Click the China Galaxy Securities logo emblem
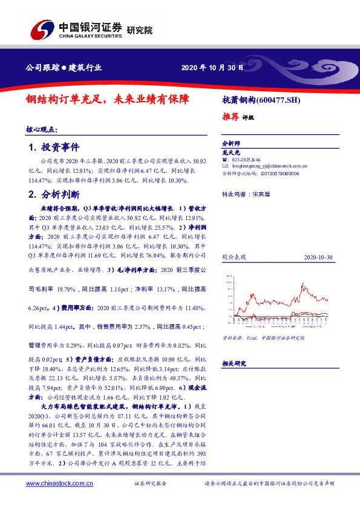click(x=42, y=28)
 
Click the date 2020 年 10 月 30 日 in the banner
click(x=212, y=68)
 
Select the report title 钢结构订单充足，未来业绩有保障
click(x=107, y=98)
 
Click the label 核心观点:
click(x=42, y=130)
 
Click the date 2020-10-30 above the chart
click(x=318, y=257)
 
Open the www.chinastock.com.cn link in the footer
click(x=59, y=484)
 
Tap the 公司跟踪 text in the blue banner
click(x=42, y=68)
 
